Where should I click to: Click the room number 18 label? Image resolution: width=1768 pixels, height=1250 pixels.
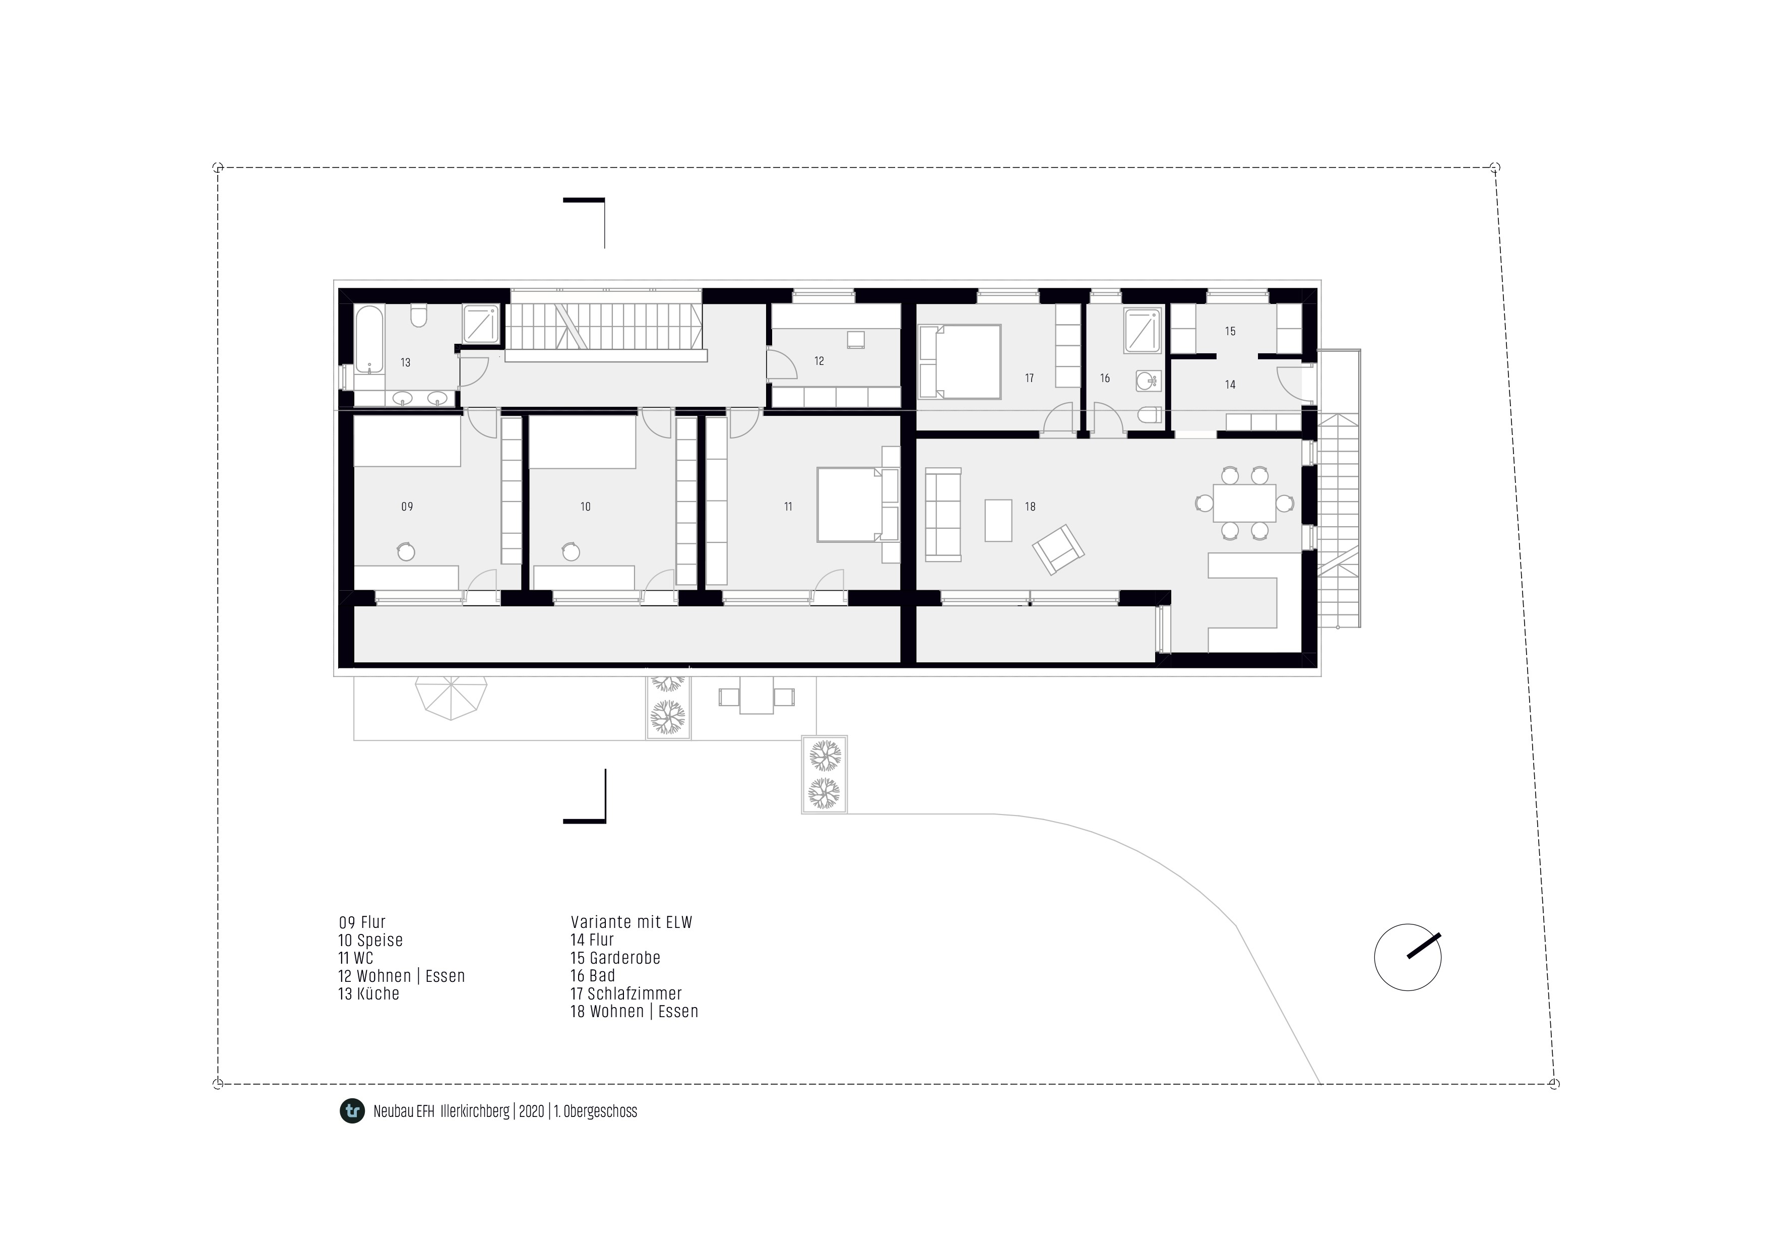pos(1030,507)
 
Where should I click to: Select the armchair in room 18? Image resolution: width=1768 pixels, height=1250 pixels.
pos(1058,549)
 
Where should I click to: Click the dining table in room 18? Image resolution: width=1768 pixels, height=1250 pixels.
pos(1244,503)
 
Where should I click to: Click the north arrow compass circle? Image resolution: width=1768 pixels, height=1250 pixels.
pos(1408,957)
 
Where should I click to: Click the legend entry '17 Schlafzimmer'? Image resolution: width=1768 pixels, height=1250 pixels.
pos(626,993)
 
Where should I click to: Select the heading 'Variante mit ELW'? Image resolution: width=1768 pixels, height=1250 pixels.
pos(632,922)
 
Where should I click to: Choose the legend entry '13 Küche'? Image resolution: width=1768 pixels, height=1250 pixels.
pos(369,993)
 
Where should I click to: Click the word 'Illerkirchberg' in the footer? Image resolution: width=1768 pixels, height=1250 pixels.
pos(475,1111)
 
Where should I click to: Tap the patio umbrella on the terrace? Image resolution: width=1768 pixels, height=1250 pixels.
pos(451,698)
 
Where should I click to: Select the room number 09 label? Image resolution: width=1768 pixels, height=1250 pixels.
pos(407,507)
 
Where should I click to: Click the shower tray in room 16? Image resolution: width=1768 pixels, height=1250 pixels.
pos(1143,331)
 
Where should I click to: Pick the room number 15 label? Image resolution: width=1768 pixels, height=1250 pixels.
pos(1231,331)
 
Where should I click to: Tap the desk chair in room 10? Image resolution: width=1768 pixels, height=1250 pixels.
pos(571,551)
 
